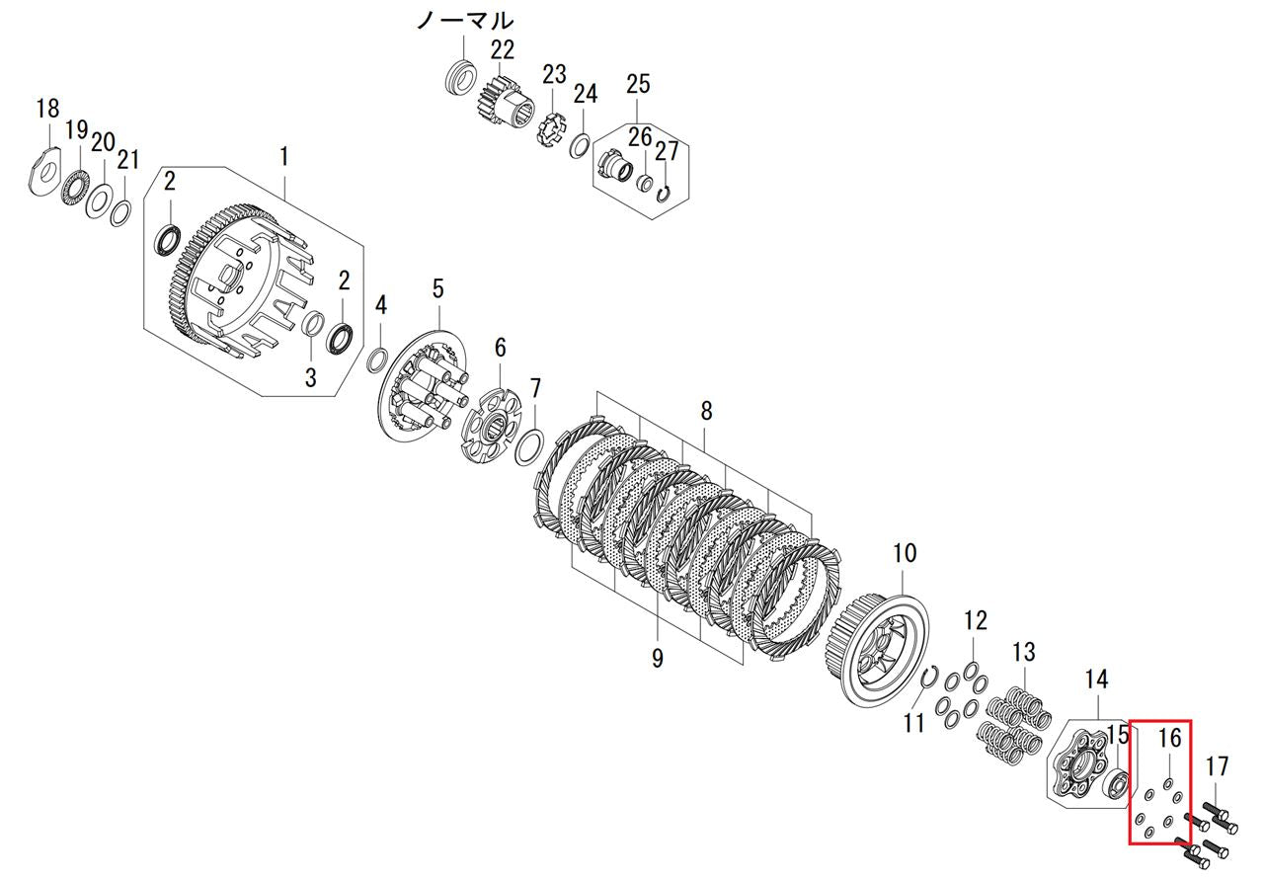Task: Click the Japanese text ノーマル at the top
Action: point(465,22)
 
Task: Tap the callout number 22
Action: point(503,50)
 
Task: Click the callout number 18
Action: point(48,109)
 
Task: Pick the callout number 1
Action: point(284,156)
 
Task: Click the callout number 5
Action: point(438,289)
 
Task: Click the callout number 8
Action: point(706,412)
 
